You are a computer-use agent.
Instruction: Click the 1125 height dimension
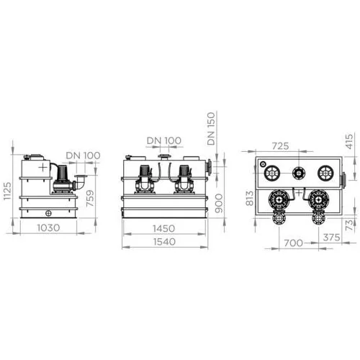click(x=7, y=191)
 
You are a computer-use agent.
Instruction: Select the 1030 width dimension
click(x=48, y=228)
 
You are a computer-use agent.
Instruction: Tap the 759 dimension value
click(x=90, y=198)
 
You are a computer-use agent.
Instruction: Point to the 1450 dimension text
click(x=164, y=228)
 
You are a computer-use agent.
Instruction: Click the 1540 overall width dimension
click(x=164, y=242)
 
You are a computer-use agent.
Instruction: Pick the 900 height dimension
click(x=219, y=204)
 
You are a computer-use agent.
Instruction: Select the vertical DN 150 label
click(x=211, y=129)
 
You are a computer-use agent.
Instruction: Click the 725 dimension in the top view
click(x=280, y=146)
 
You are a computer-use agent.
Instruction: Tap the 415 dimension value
click(x=349, y=142)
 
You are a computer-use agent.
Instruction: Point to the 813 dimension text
click(x=250, y=198)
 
